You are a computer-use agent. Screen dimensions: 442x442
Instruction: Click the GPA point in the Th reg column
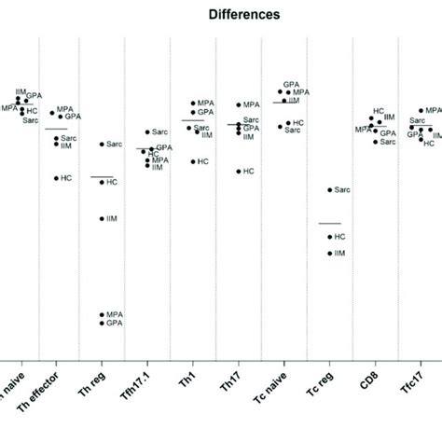coord(102,324)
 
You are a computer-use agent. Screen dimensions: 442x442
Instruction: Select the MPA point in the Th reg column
coord(102,315)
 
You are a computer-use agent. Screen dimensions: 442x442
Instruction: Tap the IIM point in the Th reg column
coord(102,218)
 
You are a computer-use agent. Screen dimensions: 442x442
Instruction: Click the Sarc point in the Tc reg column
coord(329,190)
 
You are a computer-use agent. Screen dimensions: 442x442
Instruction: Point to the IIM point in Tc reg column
coord(329,253)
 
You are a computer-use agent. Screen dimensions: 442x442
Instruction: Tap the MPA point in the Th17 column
coord(239,105)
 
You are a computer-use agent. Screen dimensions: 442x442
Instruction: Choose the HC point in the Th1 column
coord(193,162)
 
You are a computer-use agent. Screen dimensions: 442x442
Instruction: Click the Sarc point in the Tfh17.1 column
coord(147,132)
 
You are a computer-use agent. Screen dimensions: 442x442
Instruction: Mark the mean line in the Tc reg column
coord(329,223)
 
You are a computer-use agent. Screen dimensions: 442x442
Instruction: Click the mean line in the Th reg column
coord(102,176)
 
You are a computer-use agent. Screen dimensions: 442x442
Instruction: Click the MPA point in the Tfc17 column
coord(421,111)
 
